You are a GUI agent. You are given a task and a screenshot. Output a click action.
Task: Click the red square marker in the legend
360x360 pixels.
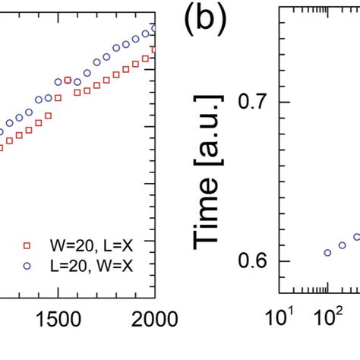pos(27,245)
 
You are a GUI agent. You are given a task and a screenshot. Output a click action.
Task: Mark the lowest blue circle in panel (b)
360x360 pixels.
pos(327,253)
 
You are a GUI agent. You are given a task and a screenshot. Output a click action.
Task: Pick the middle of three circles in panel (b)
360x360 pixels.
pos(343,245)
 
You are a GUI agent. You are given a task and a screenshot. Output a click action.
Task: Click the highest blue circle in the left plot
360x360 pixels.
pos(153,28)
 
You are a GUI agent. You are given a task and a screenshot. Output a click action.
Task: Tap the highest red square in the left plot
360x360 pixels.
pos(153,49)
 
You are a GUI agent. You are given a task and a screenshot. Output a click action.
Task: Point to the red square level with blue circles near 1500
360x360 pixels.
pos(68,80)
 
